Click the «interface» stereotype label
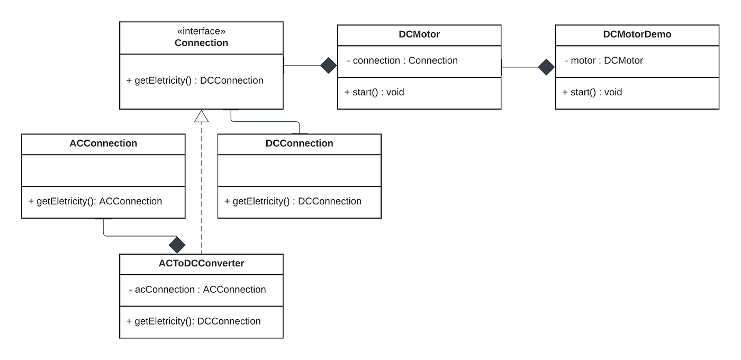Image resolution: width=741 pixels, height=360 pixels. [201, 31]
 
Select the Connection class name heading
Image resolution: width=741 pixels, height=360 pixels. [201, 43]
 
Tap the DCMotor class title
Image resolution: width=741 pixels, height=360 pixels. [419, 34]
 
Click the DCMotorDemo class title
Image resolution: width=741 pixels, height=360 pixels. [637, 34]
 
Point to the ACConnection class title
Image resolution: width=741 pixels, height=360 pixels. [103, 143]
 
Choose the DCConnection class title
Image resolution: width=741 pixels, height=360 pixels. [299, 143]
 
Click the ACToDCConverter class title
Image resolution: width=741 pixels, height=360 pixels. [201, 263]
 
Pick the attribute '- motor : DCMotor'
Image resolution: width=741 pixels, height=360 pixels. [604, 60]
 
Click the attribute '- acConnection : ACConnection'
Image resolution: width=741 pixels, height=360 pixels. [197, 290]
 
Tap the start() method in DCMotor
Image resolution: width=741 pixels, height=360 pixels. [374, 92]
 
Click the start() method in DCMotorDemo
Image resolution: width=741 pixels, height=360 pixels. [592, 92]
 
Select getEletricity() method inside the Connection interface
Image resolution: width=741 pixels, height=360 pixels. [195, 80]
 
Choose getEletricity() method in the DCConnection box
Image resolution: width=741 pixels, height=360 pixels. [293, 201]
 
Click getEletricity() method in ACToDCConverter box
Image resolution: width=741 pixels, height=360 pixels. [194, 321]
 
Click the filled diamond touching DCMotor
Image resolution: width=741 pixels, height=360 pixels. [329, 66]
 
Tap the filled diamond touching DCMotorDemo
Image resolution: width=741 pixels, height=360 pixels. [546, 67]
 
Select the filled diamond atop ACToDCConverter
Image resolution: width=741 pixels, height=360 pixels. [177, 245]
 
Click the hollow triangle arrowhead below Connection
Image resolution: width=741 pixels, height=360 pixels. [201, 116]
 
